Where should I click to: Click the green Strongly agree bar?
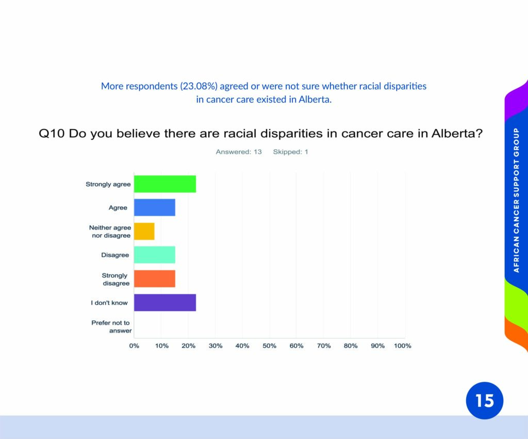pos(165,184)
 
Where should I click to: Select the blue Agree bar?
pos(155,207)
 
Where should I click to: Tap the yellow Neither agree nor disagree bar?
pos(144,231)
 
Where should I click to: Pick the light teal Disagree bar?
pos(155,255)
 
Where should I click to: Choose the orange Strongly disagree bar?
pos(155,279)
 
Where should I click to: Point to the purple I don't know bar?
pos(165,302)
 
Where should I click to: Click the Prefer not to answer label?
pos(111,327)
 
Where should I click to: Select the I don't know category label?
pos(109,302)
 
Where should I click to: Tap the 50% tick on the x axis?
pos(269,346)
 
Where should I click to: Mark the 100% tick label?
pos(402,346)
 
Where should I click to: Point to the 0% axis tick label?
pos(134,346)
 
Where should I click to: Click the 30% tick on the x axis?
pos(216,346)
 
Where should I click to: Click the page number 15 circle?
pos(485,401)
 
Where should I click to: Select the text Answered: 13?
pos(239,152)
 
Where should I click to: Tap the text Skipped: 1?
pos(291,152)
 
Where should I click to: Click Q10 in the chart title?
pos(52,134)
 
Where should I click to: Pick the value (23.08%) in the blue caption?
pos(199,86)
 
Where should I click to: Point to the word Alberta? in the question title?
pos(457,134)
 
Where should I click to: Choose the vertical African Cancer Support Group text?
pos(516,200)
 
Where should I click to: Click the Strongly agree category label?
pos(108,184)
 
